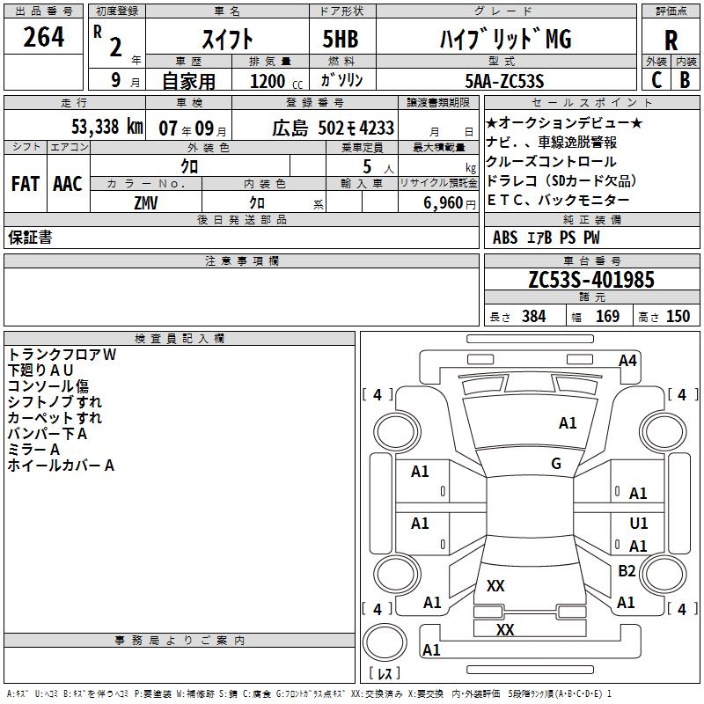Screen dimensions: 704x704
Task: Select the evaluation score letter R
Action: [671, 40]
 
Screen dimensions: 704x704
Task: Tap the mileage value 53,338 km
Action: [107, 127]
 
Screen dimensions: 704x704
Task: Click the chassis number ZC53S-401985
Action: [591, 280]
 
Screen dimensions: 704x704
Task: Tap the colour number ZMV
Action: [145, 202]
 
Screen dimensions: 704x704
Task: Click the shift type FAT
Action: [26, 183]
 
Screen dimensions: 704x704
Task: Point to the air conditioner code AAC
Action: [68, 183]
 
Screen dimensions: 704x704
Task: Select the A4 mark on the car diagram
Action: [627, 360]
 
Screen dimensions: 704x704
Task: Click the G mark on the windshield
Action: [556, 464]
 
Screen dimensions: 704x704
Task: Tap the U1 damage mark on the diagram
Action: [639, 523]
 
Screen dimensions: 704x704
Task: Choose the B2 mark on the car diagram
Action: [627, 571]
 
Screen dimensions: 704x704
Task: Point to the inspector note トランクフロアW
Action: [62, 355]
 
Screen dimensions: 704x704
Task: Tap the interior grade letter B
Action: [685, 80]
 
